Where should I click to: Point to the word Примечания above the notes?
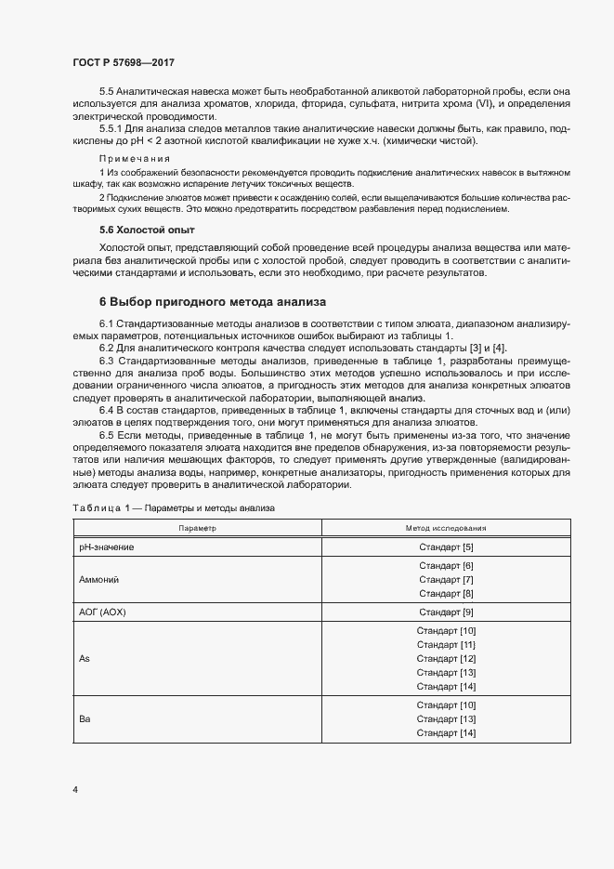(129, 160)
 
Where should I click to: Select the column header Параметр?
(196, 527)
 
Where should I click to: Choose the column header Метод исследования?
(446, 527)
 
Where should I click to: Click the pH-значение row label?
(107, 546)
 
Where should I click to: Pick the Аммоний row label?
(99, 579)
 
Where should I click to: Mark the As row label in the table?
(85, 658)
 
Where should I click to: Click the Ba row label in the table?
(85, 718)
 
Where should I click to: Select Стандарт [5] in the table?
(446, 546)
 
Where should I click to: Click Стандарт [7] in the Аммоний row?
(446, 579)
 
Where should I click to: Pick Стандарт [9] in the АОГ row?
(446, 612)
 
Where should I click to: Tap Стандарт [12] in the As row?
(446, 658)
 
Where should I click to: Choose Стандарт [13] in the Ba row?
(446, 718)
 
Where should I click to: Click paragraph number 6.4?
(109, 411)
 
